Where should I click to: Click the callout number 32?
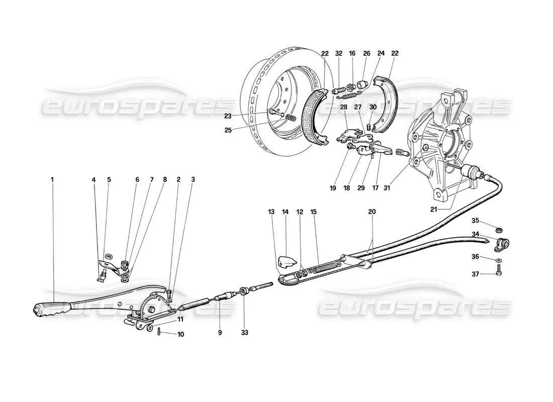339,53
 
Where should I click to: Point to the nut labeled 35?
498,231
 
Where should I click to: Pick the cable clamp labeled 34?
502,245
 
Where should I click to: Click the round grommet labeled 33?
243,291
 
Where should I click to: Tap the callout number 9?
220,332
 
